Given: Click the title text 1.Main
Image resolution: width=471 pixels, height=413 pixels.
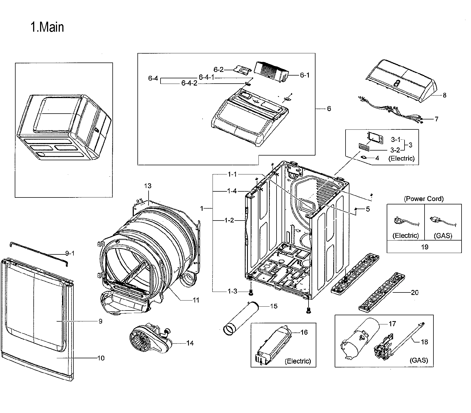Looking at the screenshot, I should (x=47, y=27).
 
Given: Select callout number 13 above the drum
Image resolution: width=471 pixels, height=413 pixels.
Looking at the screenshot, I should (x=148, y=186).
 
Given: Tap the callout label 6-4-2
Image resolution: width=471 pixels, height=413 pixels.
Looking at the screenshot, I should (x=189, y=83).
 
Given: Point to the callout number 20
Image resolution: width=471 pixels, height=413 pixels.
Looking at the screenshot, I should (x=415, y=292).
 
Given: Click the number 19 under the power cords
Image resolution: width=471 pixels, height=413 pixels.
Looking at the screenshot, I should (x=425, y=247).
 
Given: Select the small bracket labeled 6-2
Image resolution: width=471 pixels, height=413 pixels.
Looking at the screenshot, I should (x=241, y=70).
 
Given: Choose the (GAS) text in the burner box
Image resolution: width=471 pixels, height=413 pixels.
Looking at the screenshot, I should (x=419, y=360).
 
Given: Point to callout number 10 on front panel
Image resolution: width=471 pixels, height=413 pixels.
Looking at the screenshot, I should (x=101, y=358).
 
